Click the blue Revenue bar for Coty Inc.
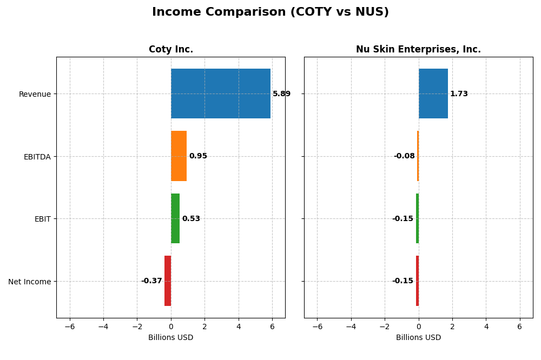tap(221, 94)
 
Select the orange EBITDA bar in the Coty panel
tap(179, 156)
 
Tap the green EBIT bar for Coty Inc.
tap(175, 218)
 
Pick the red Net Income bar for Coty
tap(168, 281)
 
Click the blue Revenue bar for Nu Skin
tap(433, 94)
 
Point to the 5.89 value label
tap(281, 94)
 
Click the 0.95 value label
tap(198, 156)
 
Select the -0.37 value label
tap(151, 281)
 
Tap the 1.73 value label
tap(459, 94)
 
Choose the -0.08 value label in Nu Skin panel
tap(404, 156)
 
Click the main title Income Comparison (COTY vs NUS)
tap(270, 12)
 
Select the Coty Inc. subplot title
tap(171, 50)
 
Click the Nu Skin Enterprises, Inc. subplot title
tap(418, 50)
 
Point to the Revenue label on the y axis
tap(35, 94)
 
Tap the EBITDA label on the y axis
tap(37, 157)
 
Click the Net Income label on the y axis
tap(30, 282)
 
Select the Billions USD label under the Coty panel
tap(171, 338)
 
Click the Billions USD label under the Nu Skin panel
tap(418, 338)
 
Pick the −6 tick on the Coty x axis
tap(70, 326)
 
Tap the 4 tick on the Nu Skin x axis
tap(486, 326)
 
